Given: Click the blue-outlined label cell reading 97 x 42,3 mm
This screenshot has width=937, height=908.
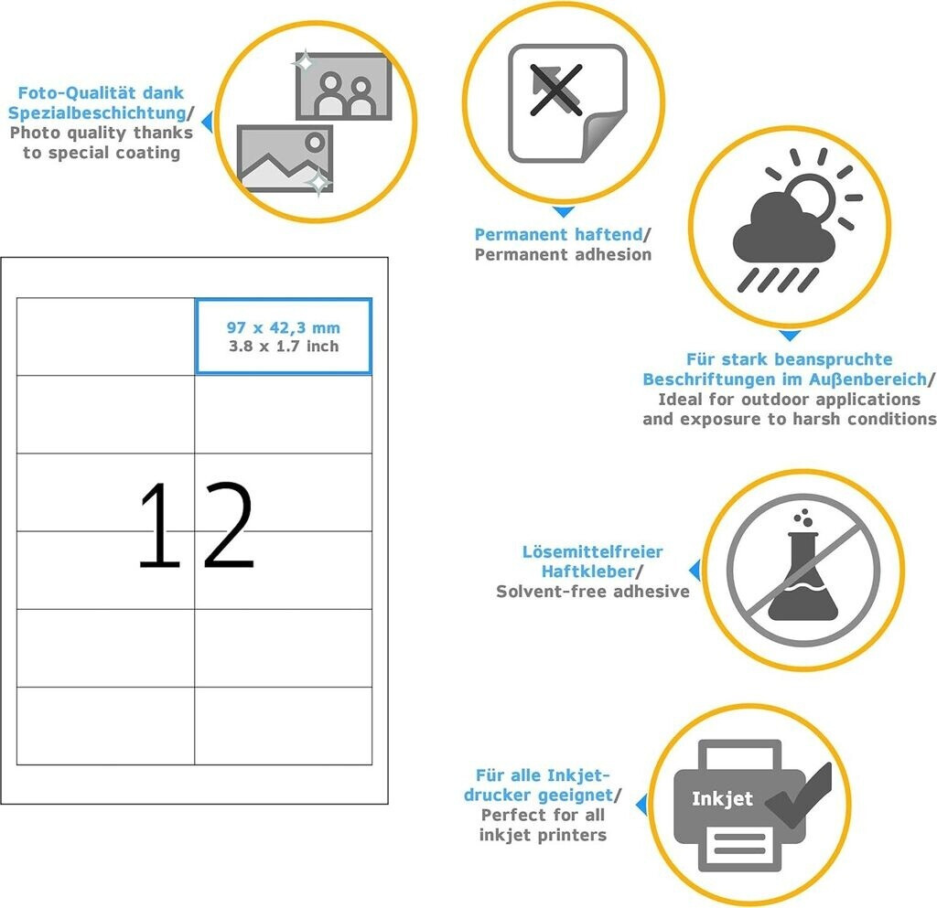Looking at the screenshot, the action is point(284,336).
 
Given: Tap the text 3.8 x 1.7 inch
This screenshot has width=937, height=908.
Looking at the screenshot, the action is point(284,347).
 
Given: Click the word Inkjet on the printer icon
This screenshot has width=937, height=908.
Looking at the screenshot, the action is point(722,799).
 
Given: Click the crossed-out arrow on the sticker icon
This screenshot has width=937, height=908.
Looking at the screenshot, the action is point(555,90).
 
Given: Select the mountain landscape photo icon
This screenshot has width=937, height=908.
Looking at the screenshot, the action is point(285,158).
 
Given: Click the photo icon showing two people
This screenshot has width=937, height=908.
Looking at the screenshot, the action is point(344,87).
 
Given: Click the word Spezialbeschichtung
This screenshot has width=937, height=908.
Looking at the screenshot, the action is point(97,112).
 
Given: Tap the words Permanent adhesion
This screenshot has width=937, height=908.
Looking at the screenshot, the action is point(563,254).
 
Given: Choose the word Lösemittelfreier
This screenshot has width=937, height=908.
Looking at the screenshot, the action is point(593,551).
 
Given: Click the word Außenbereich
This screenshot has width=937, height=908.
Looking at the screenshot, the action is point(867,379).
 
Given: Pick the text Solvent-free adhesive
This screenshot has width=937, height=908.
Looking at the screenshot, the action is point(593,591).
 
